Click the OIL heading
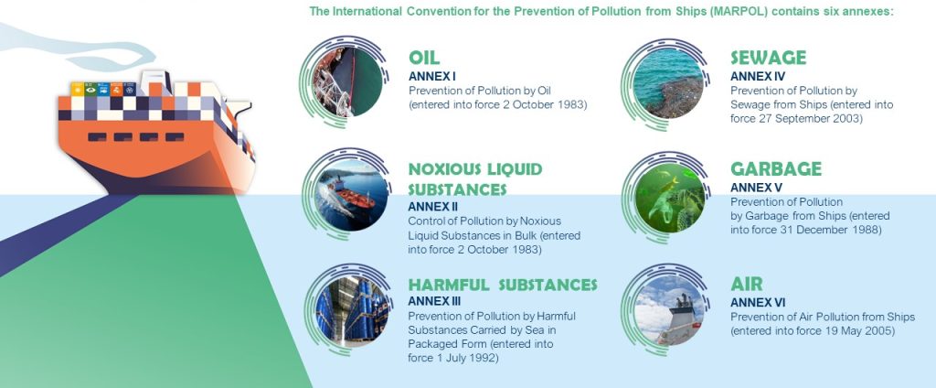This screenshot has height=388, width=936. tap(424, 59)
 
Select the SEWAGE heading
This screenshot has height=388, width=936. tap(768, 59)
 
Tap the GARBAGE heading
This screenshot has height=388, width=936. tap(775, 169)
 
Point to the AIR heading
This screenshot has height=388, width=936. tap(746, 284)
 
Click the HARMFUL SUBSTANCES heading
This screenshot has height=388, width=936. tap(502, 285)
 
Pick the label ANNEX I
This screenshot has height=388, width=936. tap(431, 76)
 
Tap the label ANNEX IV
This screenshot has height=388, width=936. tap(758, 76)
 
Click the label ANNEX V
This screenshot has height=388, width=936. tap(756, 188)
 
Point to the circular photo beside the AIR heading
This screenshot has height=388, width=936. tap(669, 307)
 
